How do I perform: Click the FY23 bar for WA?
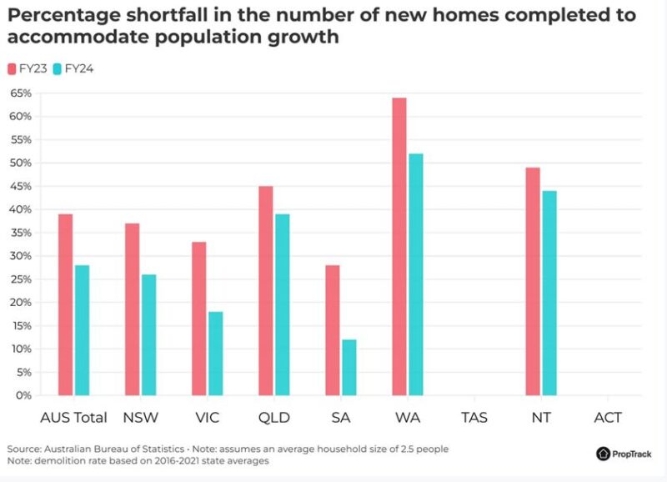coord(399,246)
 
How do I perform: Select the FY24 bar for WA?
coord(416,274)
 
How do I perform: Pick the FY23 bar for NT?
coord(533,281)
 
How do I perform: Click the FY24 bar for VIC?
coord(215,354)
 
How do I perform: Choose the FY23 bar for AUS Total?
coord(65,304)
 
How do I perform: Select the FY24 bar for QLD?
coord(282,304)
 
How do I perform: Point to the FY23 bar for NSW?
coord(132,309)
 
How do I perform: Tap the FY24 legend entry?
coord(73,68)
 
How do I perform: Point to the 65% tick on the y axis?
coord(20,93)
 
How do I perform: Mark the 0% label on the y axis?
coord(23,395)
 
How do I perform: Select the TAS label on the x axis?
coord(474,417)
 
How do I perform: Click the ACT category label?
coord(608,417)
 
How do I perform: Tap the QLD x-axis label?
coord(273,417)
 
